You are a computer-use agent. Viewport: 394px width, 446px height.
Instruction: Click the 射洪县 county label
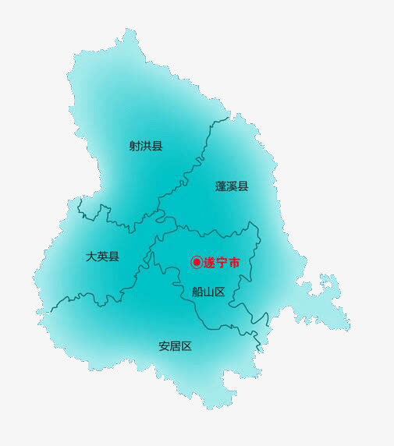tap(146, 146)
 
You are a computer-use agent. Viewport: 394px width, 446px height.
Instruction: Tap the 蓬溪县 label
tap(232, 186)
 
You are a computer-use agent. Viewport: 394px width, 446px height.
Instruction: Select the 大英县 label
tap(103, 257)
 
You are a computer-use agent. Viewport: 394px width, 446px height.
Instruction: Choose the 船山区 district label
tap(208, 292)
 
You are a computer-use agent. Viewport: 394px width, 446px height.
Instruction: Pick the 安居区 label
tap(175, 346)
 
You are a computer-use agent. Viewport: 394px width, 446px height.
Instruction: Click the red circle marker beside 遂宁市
tap(197, 264)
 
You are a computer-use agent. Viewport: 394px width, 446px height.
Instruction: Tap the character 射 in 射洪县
tap(135, 146)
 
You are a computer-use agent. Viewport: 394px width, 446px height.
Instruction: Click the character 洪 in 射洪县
tap(146, 146)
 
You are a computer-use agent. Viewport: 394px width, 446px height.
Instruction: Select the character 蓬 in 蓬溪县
tap(221, 186)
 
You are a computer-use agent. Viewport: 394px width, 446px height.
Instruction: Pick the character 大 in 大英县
tap(92, 257)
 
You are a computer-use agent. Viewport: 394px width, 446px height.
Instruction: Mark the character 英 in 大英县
tap(103, 257)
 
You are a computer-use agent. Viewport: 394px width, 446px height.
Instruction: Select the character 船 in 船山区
tap(197, 292)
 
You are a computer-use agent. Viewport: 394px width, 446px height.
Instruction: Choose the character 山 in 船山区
tap(208, 292)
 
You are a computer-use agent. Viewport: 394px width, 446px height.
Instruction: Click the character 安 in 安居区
tap(164, 346)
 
